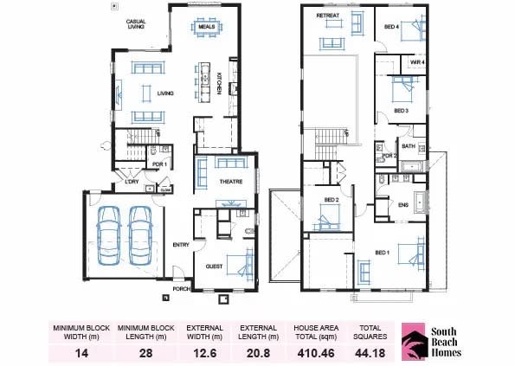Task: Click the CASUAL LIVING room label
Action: (x=135, y=24)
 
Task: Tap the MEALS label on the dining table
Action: (x=206, y=26)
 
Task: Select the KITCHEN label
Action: (x=220, y=83)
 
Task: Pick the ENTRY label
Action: (x=180, y=245)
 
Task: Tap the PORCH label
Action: (x=181, y=289)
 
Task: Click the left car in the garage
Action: (x=110, y=234)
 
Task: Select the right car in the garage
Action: (x=142, y=234)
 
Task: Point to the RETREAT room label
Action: (x=327, y=16)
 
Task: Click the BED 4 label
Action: (x=391, y=27)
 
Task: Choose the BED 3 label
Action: (x=401, y=111)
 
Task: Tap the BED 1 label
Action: (x=382, y=253)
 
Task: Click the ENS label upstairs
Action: (x=402, y=205)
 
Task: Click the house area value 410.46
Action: (x=319, y=352)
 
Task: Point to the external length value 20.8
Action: (x=258, y=352)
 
